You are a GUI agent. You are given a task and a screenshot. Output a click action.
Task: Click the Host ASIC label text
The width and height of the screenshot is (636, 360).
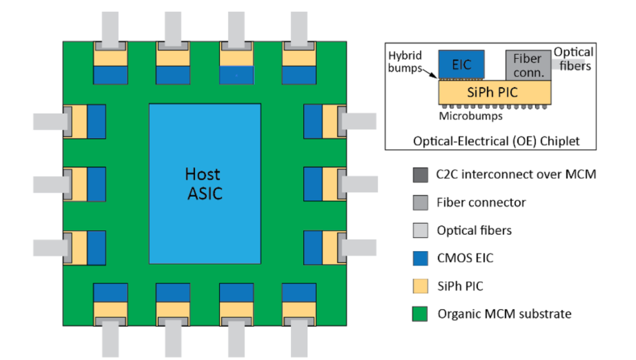tap(204, 184)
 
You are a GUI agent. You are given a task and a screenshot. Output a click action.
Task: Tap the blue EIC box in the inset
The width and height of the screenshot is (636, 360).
tap(461, 64)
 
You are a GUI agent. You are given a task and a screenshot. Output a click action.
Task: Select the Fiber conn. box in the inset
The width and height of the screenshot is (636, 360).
tap(528, 65)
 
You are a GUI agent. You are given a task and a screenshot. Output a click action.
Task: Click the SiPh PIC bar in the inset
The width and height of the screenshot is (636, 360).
tap(495, 92)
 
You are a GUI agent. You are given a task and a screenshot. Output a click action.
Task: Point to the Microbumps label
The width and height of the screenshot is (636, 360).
tap(471, 116)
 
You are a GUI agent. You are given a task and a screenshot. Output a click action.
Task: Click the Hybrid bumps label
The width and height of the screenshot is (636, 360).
tap(405, 61)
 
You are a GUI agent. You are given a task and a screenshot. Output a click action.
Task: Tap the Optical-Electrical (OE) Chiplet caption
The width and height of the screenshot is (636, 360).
tap(496, 141)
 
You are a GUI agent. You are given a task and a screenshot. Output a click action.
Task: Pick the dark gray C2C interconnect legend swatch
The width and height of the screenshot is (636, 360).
tap(420, 175)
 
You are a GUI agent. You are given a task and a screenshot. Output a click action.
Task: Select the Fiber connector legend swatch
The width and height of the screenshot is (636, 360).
tap(420, 203)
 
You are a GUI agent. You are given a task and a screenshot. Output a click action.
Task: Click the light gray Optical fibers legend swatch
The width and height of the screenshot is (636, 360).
tap(420, 230)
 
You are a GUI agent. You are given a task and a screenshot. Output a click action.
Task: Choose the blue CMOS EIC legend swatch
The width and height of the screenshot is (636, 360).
tap(420, 258)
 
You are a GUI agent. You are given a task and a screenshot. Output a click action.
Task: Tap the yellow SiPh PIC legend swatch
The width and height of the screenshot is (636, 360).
tap(420, 286)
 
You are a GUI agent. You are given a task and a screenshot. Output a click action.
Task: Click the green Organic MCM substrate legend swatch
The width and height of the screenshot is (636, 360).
tap(420, 313)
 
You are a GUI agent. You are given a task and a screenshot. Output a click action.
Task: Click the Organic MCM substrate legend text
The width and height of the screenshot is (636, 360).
tap(504, 313)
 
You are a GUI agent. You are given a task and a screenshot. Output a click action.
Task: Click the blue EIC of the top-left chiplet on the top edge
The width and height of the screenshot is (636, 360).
tap(110, 75)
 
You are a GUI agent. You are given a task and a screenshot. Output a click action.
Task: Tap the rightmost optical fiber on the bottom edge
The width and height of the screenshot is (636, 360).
tap(299, 338)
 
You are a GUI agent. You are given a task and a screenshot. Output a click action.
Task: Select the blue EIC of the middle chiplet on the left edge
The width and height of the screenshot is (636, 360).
tap(97, 184)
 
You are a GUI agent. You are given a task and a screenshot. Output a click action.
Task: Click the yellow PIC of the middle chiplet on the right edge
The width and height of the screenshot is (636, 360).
tap(330, 184)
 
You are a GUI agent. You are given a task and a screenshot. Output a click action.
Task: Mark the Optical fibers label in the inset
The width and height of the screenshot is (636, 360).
tap(574, 59)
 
